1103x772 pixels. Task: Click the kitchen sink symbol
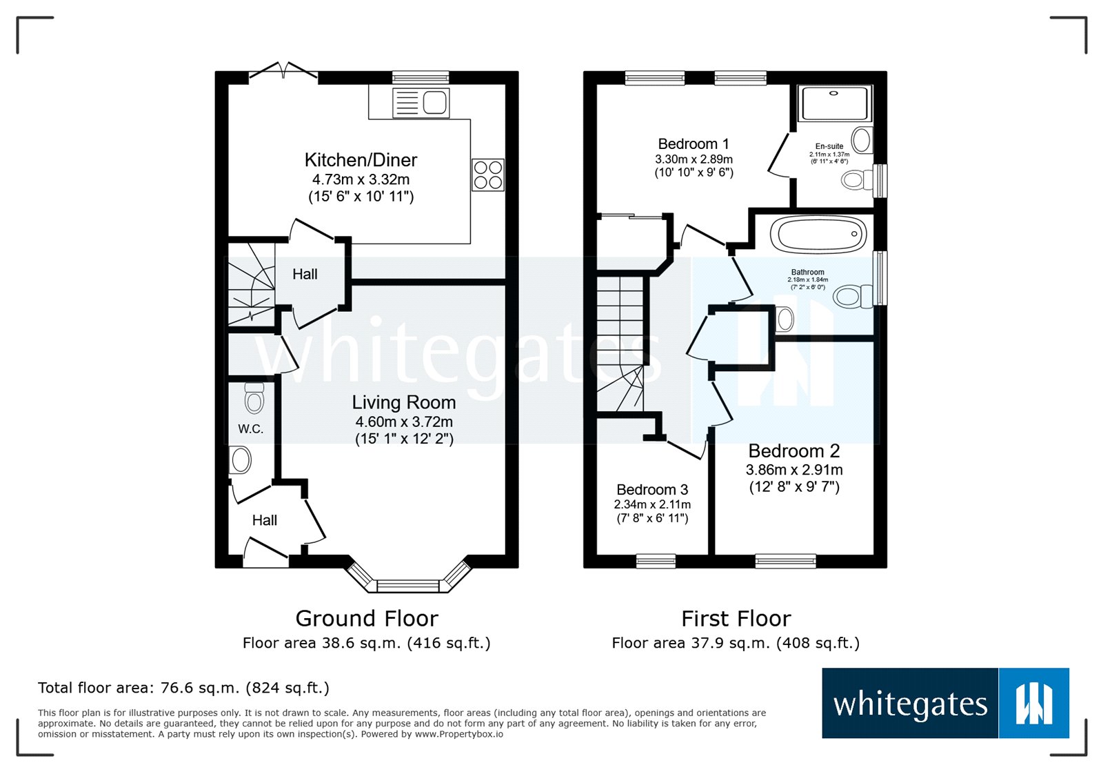tap(421, 103)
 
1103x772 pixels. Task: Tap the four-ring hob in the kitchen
tap(488, 175)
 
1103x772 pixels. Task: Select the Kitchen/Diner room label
tap(361, 160)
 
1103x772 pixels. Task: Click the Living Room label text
tap(404, 402)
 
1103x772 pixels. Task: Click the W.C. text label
tap(250, 429)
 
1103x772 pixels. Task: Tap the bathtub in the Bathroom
tap(818, 235)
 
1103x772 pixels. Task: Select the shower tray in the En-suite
tap(834, 103)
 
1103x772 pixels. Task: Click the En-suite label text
tap(829, 146)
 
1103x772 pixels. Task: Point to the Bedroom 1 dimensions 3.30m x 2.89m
tap(694, 159)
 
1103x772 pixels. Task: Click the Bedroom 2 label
tap(794, 451)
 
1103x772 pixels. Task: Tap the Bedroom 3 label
tap(652, 490)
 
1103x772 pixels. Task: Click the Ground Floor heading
tap(367, 618)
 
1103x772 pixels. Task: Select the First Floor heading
tap(736, 618)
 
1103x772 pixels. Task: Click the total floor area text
tap(183, 688)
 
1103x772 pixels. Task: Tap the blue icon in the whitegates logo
tap(1033, 703)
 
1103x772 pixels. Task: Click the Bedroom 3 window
tap(656, 561)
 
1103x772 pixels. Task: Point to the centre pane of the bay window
tap(408, 586)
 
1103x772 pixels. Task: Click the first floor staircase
tap(620, 331)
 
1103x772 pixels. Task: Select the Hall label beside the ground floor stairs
tap(305, 275)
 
